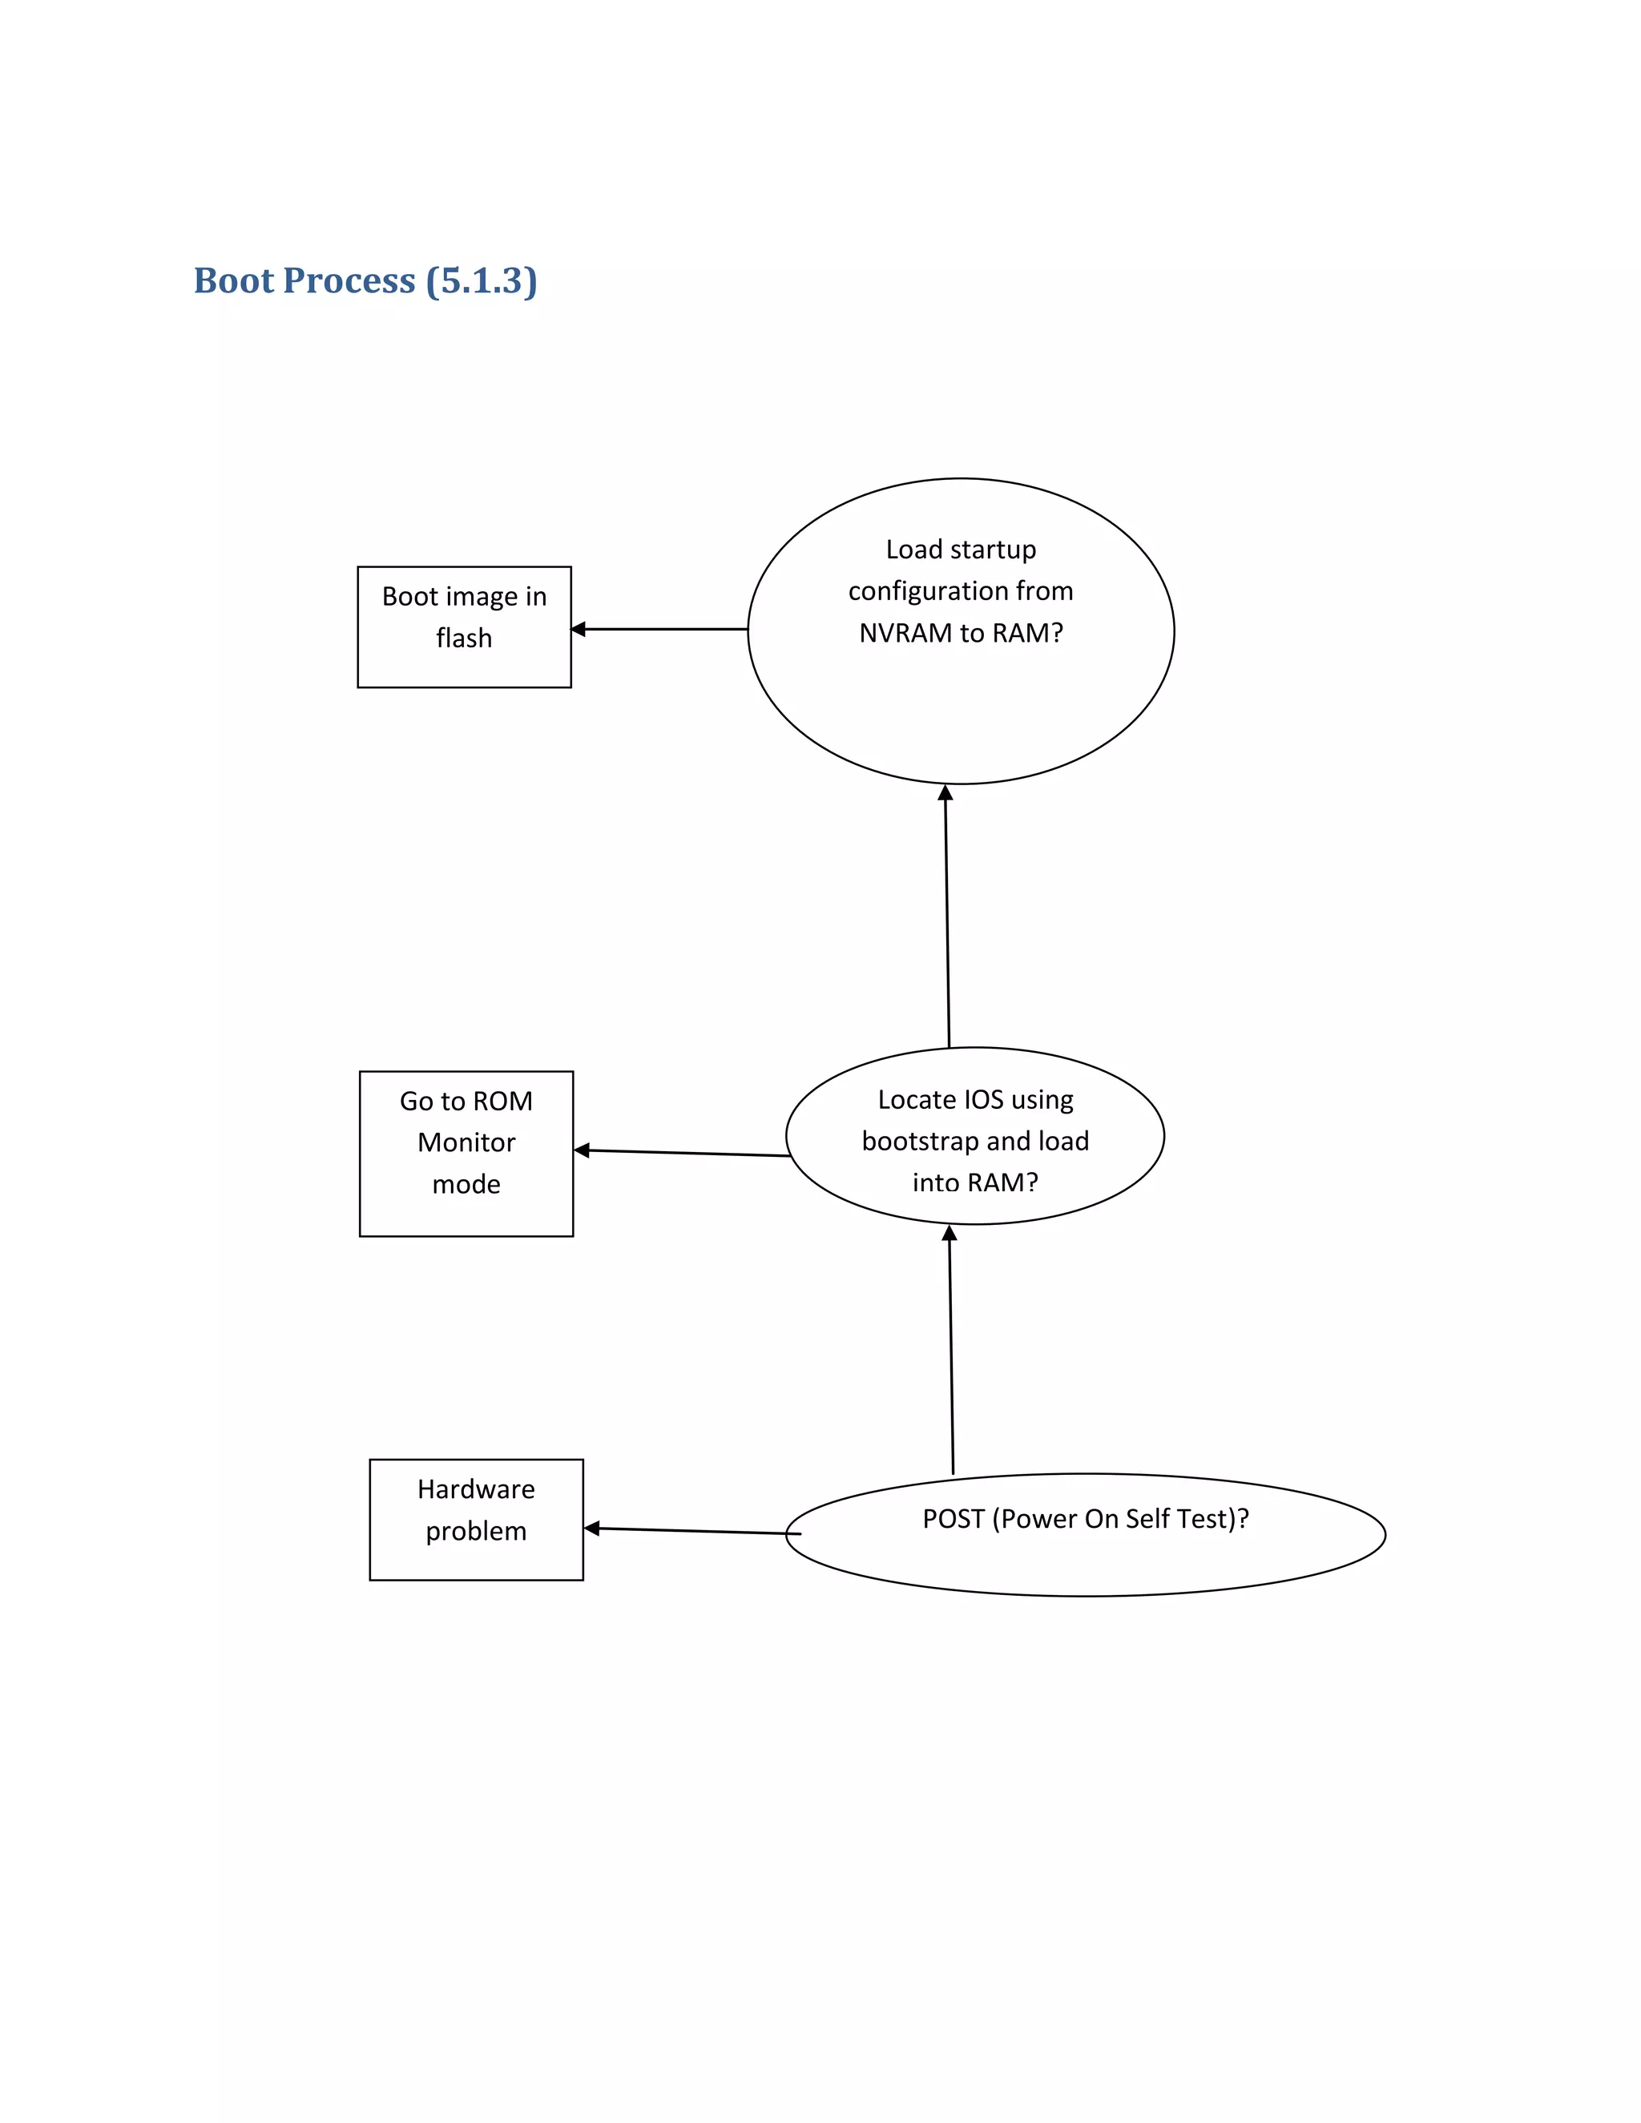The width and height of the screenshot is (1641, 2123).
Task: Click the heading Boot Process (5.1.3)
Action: (x=365, y=281)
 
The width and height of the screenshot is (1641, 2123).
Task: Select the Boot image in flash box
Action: (x=464, y=627)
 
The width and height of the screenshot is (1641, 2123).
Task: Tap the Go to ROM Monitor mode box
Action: (x=466, y=1153)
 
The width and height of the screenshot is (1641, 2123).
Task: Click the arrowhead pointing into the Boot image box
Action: (x=579, y=629)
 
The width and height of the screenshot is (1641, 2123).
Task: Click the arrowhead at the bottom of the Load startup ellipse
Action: (x=945, y=793)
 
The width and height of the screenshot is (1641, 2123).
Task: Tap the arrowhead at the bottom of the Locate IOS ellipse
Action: (x=950, y=1234)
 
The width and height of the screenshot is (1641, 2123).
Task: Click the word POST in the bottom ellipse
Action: (x=953, y=1518)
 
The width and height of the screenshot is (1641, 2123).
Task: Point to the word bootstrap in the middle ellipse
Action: (x=920, y=1141)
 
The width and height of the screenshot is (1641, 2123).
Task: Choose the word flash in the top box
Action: (x=464, y=638)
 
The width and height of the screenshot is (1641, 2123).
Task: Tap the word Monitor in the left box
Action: (x=466, y=1142)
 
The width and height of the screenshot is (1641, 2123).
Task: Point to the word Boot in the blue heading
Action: (x=233, y=281)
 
